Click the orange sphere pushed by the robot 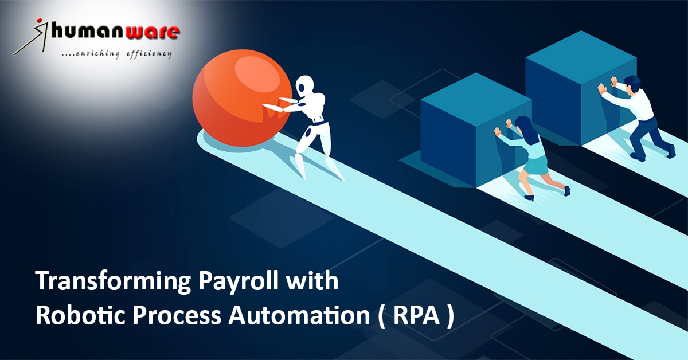[242, 97]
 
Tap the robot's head [304, 85]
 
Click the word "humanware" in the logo [115, 32]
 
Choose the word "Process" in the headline [177, 316]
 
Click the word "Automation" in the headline [299, 316]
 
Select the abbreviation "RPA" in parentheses [416, 316]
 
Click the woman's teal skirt [536, 165]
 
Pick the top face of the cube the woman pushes [476, 95]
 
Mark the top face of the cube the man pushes [581, 52]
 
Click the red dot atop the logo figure [39, 20]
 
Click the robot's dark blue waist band [319, 123]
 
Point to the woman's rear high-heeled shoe [567, 191]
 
